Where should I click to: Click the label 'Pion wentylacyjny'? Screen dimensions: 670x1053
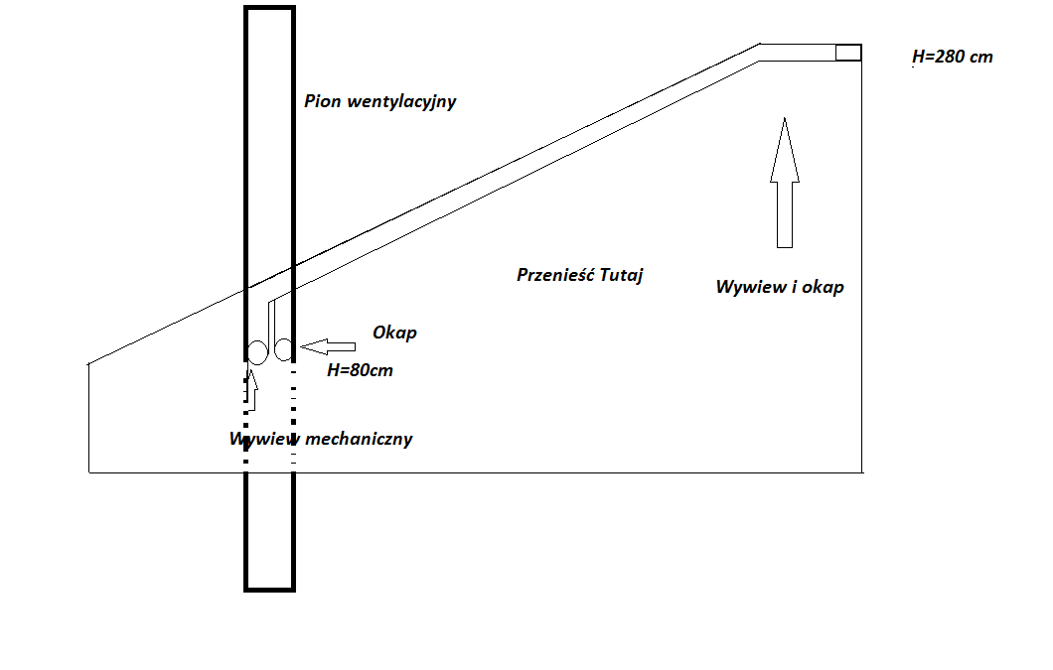[x=380, y=101]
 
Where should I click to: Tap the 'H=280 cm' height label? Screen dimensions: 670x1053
[x=953, y=57]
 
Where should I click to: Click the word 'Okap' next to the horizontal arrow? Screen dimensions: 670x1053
[x=394, y=333]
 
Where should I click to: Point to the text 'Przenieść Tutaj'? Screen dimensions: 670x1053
[x=580, y=275]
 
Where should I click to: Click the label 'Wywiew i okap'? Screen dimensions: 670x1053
[x=780, y=287]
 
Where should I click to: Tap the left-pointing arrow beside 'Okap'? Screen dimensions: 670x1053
[x=329, y=346]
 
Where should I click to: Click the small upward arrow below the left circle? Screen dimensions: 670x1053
[x=251, y=388]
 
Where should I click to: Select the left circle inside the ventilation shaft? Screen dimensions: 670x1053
[x=256, y=351]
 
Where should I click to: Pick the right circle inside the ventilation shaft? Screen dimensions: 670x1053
[x=284, y=349]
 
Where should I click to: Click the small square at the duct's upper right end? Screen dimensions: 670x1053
[x=847, y=53]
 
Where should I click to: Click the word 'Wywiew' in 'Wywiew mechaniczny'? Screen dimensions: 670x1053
[x=261, y=439]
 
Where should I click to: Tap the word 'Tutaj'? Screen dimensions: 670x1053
[x=621, y=275]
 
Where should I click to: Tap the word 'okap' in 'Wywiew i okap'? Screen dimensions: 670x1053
[x=824, y=288]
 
